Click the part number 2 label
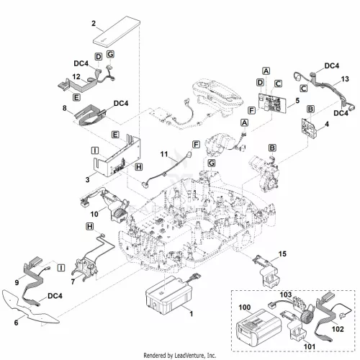point(94,24)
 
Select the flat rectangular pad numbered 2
point(117,32)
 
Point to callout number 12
point(76,76)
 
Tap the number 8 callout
point(65,108)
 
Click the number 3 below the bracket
point(88,179)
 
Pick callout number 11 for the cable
point(164,154)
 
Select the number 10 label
point(94,214)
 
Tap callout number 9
point(17,282)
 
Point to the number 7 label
point(73,282)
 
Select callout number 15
point(282,253)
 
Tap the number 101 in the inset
point(310,346)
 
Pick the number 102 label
point(338,329)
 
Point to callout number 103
point(286,294)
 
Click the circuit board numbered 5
point(273,104)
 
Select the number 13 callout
point(345,79)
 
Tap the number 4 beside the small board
point(327,124)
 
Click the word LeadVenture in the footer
point(189,355)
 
